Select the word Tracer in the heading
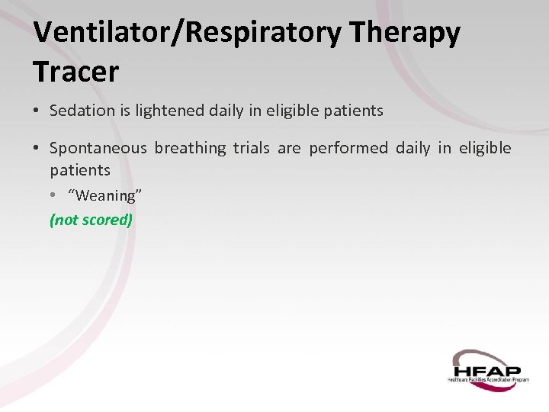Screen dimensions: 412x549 tap(75, 72)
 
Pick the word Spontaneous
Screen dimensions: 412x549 tap(98, 148)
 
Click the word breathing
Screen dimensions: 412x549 tap(191, 148)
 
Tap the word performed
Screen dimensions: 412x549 tap(348, 148)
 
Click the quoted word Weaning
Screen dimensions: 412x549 tap(104, 195)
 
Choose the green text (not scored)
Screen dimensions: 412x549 tap(91, 220)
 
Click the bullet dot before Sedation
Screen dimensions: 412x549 tap(37, 111)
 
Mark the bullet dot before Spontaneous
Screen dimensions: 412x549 tap(37, 149)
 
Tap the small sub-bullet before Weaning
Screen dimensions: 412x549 tap(53, 195)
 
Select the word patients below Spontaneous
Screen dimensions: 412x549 tap(80, 170)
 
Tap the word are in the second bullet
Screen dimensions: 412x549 tap(289, 148)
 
